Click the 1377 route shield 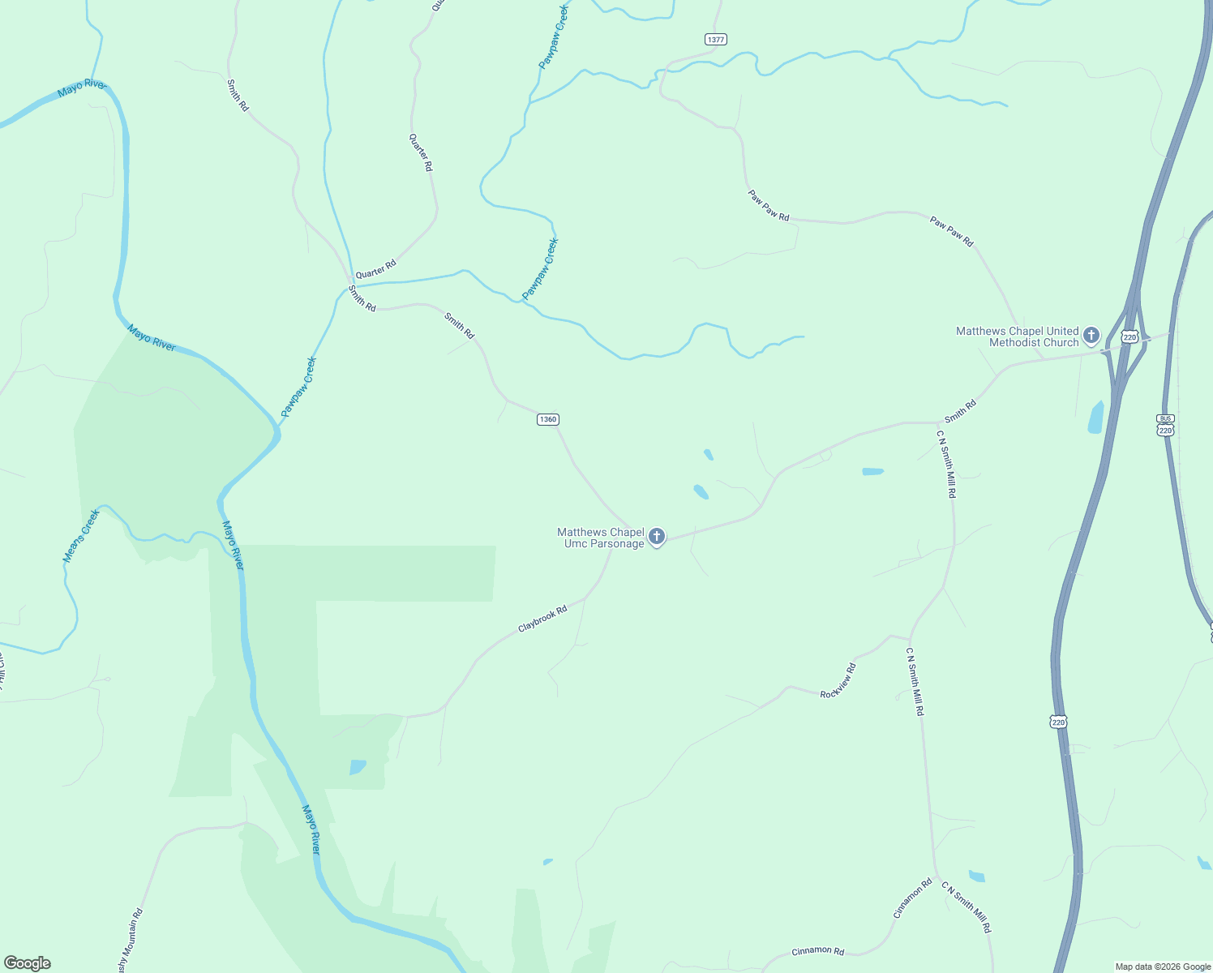[715, 39]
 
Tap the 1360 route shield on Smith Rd [548, 419]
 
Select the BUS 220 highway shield [1165, 425]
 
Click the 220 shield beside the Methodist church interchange [1130, 336]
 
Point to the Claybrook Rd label [542, 619]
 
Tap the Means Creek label [81, 536]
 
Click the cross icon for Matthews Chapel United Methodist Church [1091, 335]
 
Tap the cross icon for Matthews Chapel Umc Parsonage [657, 536]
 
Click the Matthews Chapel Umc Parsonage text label [601, 538]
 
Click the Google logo [27, 963]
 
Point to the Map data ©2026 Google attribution [1163, 967]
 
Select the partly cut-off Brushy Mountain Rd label [131, 941]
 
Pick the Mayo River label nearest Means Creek [232, 545]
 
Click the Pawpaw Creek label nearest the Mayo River [298, 388]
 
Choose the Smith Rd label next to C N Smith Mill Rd [960, 411]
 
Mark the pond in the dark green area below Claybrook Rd [358, 766]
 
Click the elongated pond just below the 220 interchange [1096, 417]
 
